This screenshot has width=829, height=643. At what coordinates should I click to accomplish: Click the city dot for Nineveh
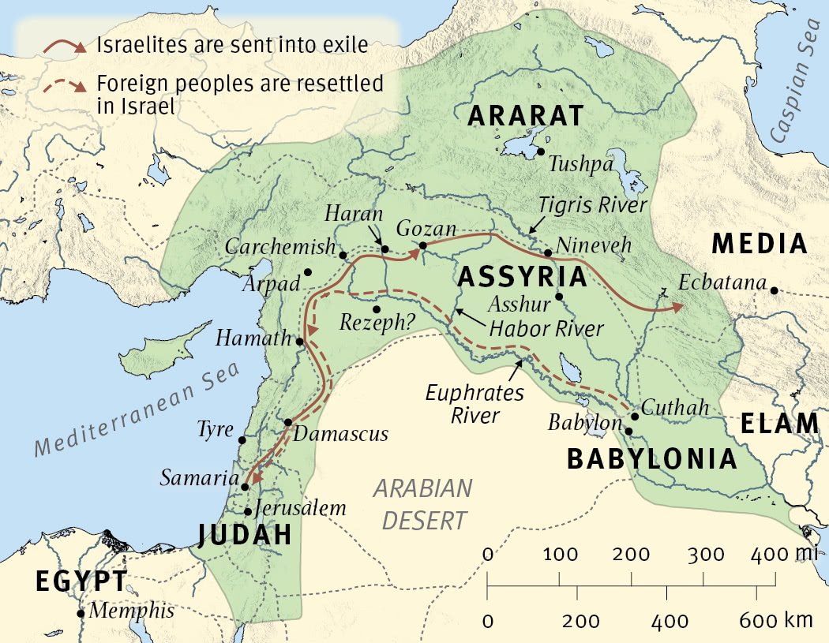(x=548, y=253)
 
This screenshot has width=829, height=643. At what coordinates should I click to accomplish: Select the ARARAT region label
(x=525, y=116)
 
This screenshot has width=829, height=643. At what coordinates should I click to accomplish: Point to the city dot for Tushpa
(x=542, y=151)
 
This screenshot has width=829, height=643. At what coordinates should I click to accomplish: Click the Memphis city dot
(x=81, y=613)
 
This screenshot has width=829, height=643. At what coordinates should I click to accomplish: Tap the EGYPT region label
(x=81, y=581)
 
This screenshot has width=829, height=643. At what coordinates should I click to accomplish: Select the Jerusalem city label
(x=302, y=508)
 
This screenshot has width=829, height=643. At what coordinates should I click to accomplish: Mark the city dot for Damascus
(x=288, y=422)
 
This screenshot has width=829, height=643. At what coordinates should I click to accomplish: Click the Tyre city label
(x=216, y=430)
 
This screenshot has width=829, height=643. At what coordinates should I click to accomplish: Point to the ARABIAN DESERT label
(x=422, y=504)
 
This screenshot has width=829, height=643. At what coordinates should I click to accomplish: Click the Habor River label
(x=546, y=328)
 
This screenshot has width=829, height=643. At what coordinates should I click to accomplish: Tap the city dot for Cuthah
(x=634, y=417)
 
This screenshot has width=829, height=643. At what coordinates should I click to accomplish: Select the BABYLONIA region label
(x=652, y=458)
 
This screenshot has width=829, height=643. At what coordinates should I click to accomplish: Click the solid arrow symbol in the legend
(x=64, y=47)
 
